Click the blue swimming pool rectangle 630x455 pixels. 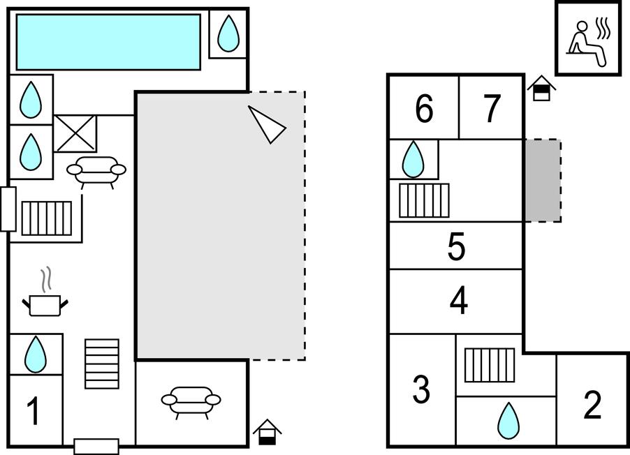[108, 42]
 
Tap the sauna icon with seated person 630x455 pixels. [588, 38]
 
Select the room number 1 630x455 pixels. [34, 411]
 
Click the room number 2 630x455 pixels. [592, 405]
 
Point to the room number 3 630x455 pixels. [421, 390]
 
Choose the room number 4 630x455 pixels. [458, 301]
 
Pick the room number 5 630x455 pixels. [456, 247]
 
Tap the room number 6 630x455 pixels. [424, 108]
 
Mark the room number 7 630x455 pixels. [492, 108]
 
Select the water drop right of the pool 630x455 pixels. [228, 33]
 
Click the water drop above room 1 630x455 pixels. [35, 355]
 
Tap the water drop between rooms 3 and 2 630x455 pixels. [508, 420]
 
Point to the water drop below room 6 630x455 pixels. [413, 159]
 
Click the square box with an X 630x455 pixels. [75, 133]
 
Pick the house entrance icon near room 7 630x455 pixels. [541, 89]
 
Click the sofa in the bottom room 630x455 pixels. [191, 401]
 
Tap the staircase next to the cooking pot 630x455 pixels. [102, 363]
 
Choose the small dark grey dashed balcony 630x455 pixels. [543, 181]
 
